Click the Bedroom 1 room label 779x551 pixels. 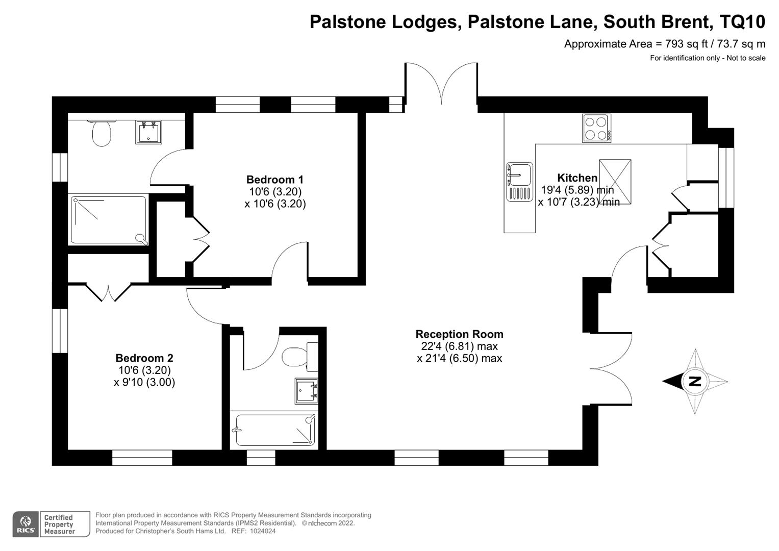pos(274,180)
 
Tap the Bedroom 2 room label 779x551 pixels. pos(144,358)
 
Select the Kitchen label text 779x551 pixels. pos(577,178)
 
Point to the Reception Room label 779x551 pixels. pos(459,334)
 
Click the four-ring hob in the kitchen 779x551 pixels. pos(596,128)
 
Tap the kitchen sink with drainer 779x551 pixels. pos(519,182)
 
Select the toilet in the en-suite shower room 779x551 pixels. pos(102,134)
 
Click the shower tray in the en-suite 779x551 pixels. pos(108,220)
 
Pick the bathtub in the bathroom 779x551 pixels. pos(274,430)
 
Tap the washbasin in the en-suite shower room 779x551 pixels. pos(148,132)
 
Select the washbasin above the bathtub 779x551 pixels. pos(306,391)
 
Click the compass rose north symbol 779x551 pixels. pos(694,381)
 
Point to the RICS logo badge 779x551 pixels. pos(26,524)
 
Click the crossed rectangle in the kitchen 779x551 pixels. pos(615,182)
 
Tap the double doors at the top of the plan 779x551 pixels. pos(441,82)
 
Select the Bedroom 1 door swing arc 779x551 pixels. pos(289,260)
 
